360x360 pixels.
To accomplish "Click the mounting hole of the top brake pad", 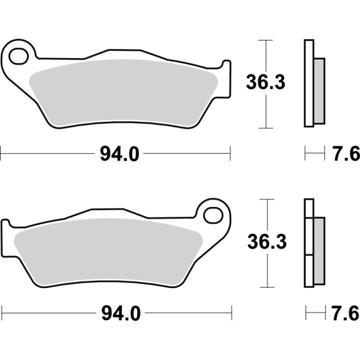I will [x=19, y=55].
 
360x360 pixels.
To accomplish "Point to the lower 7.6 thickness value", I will [x=346, y=314].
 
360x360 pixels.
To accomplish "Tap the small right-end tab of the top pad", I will [x=226, y=75].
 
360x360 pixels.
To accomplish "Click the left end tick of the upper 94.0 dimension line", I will [x=1, y=154].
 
